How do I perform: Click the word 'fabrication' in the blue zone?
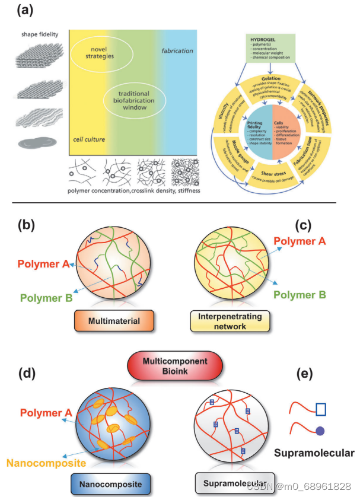point(177,51)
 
